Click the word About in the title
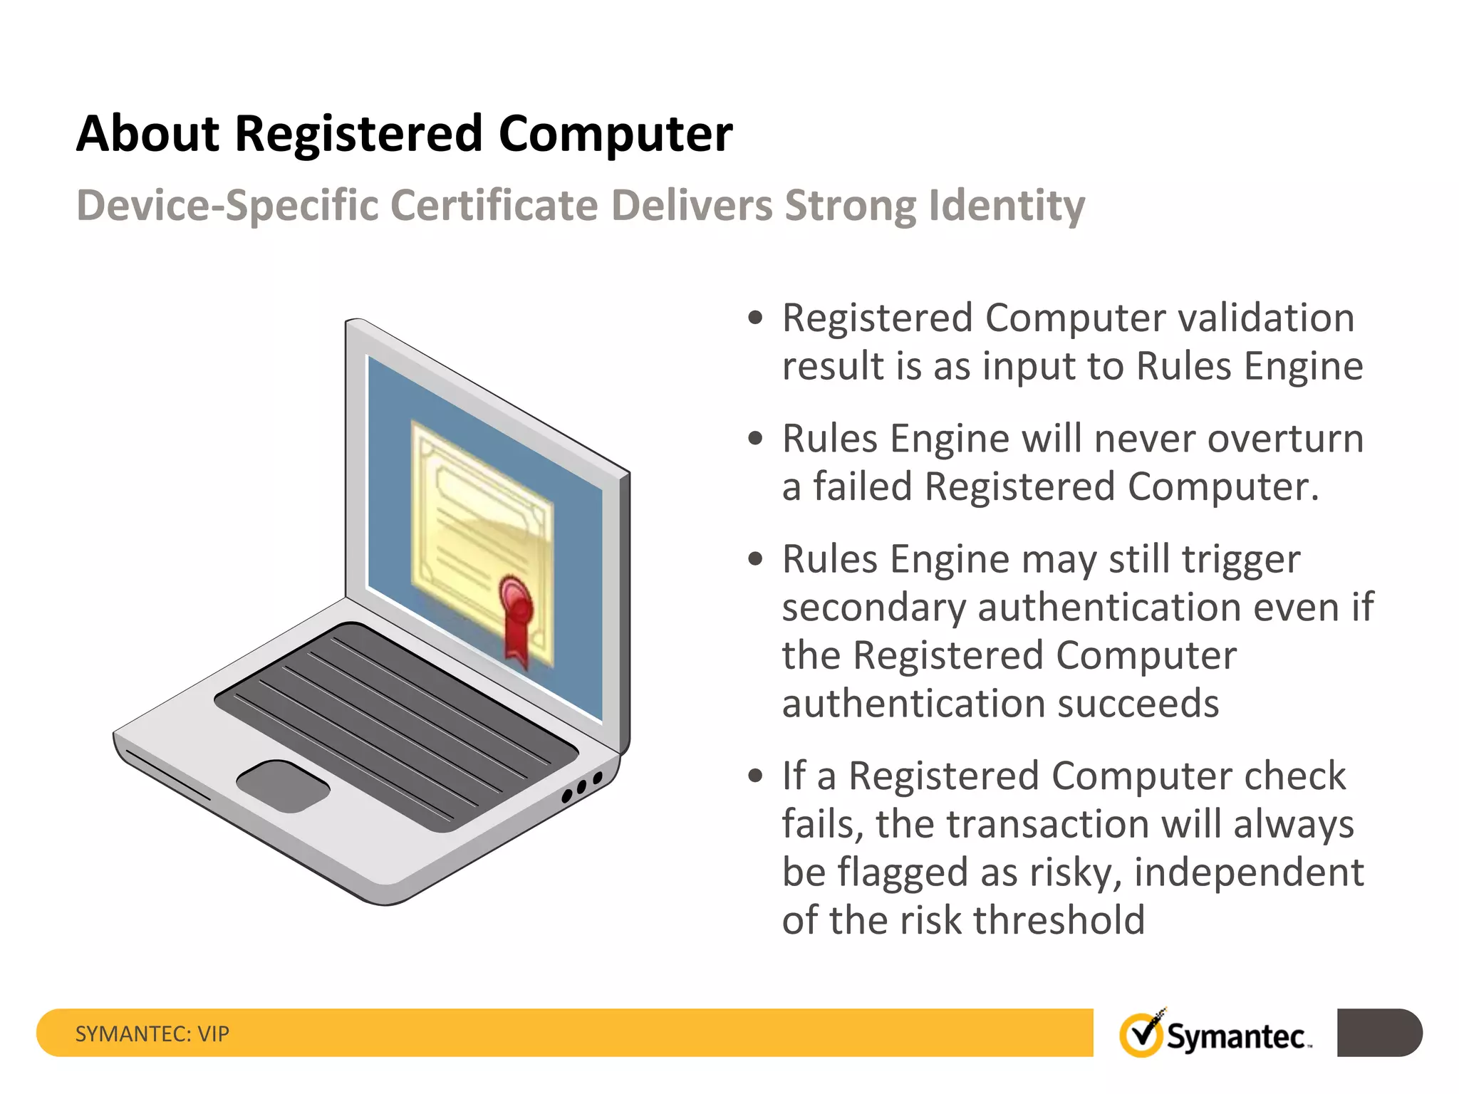pyautogui.click(x=148, y=134)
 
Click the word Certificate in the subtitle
pyautogui.click(x=494, y=207)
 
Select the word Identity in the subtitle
pyautogui.click(x=1007, y=207)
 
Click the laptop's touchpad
pyautogui.click(x=283, y=786)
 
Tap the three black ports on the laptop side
pyautogui.click(x=582, y=786)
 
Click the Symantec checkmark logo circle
pyautogui.click(x=1141, y=1035)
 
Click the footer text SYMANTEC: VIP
pyautogui.click(x=152, y=1033)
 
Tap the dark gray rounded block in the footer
pyautogui.click(x=1378, y=1032)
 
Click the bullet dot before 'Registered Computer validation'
pyautogui.click(x=755, y=317)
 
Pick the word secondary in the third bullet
pyautogui.click(x=873, y=608)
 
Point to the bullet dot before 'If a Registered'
pyautogui.click(x=755, y=776)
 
